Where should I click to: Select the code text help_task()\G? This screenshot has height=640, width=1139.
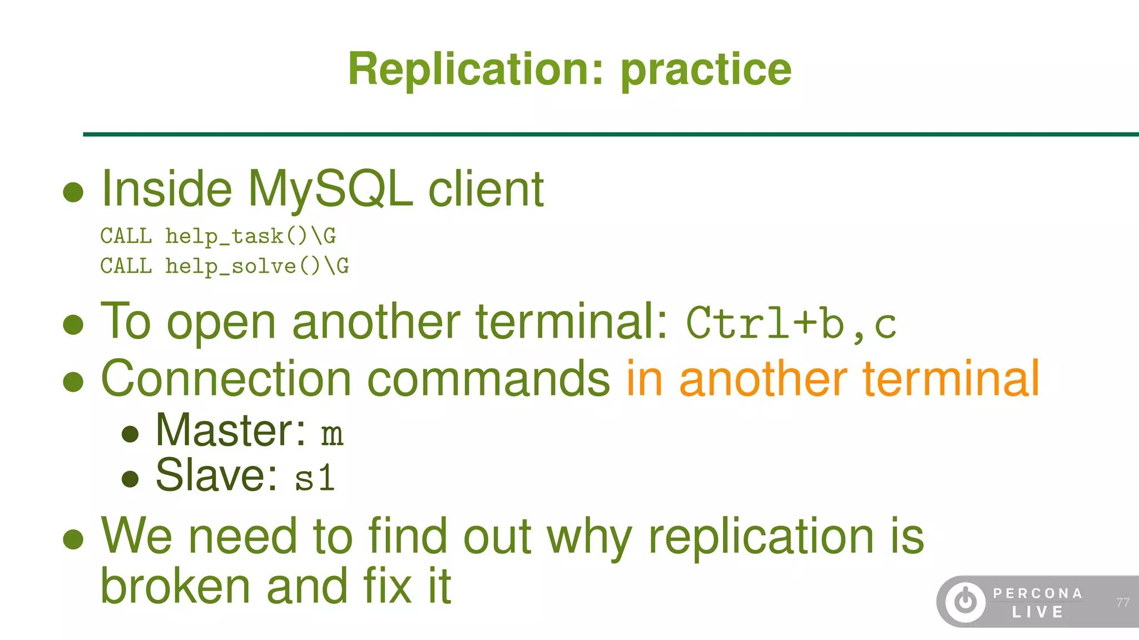(x=250, y=236)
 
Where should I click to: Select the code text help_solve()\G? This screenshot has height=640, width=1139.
(x=257, y=266)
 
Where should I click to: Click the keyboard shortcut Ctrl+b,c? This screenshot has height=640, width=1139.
(x=791, y=324)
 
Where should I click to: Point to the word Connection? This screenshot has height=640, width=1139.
(x=226, y=379)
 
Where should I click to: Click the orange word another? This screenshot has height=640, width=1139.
(x=763, y=379)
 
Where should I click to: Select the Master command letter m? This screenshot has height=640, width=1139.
(x=332, y=434)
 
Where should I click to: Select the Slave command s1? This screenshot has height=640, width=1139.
(x=315, y=478)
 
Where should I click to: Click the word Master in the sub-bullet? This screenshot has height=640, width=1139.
(x=230, y=431)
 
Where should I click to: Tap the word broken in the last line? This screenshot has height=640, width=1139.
(x=175, y=587)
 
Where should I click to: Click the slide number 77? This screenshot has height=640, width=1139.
(x=1122, y=603)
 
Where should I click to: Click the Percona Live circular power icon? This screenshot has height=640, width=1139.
(x=965, y=601)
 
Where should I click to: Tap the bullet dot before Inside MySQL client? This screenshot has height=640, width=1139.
(x=73, y=193)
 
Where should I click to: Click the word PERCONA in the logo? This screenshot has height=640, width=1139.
(x=1038, y=593)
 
